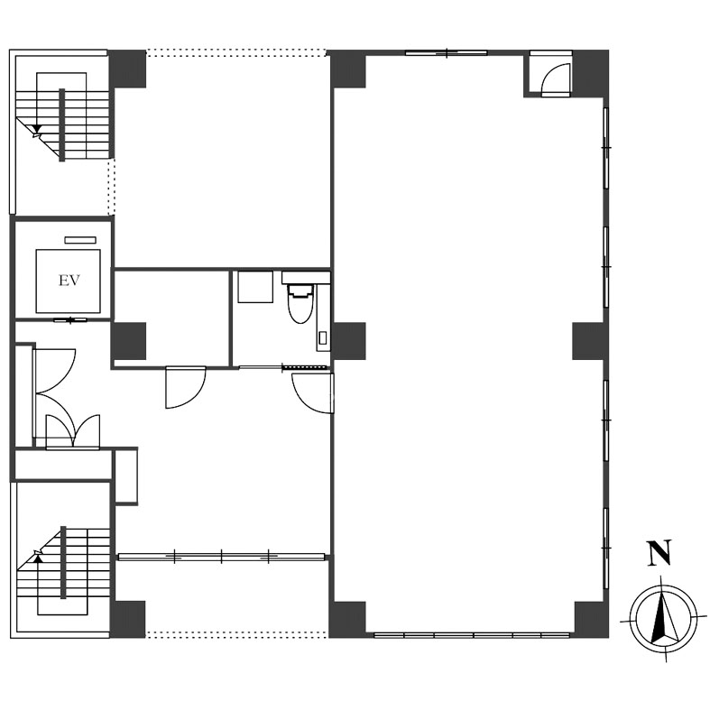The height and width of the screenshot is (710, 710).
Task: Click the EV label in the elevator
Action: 69,281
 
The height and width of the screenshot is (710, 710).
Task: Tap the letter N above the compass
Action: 659,553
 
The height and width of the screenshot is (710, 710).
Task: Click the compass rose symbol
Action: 664,620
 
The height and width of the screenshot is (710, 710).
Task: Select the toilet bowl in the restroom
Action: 300,303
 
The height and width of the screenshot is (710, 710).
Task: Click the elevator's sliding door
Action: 70,320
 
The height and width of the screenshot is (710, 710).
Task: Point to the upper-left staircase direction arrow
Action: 37,131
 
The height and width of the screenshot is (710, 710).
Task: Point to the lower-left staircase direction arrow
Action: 37,556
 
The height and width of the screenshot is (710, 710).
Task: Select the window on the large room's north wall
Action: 447,53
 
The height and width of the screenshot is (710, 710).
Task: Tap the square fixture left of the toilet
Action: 255,287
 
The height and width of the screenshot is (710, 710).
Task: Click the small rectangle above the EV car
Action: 80,240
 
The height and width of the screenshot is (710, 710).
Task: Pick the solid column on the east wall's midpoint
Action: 588,341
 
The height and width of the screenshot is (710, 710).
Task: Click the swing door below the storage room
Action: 186,388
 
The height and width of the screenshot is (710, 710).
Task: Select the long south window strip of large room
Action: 472,635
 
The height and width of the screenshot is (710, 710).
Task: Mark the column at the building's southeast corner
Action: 591,620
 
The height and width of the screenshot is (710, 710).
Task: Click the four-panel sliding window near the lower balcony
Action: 221,557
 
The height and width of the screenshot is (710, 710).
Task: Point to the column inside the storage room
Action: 129,341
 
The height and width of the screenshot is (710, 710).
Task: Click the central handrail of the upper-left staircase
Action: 62,125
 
